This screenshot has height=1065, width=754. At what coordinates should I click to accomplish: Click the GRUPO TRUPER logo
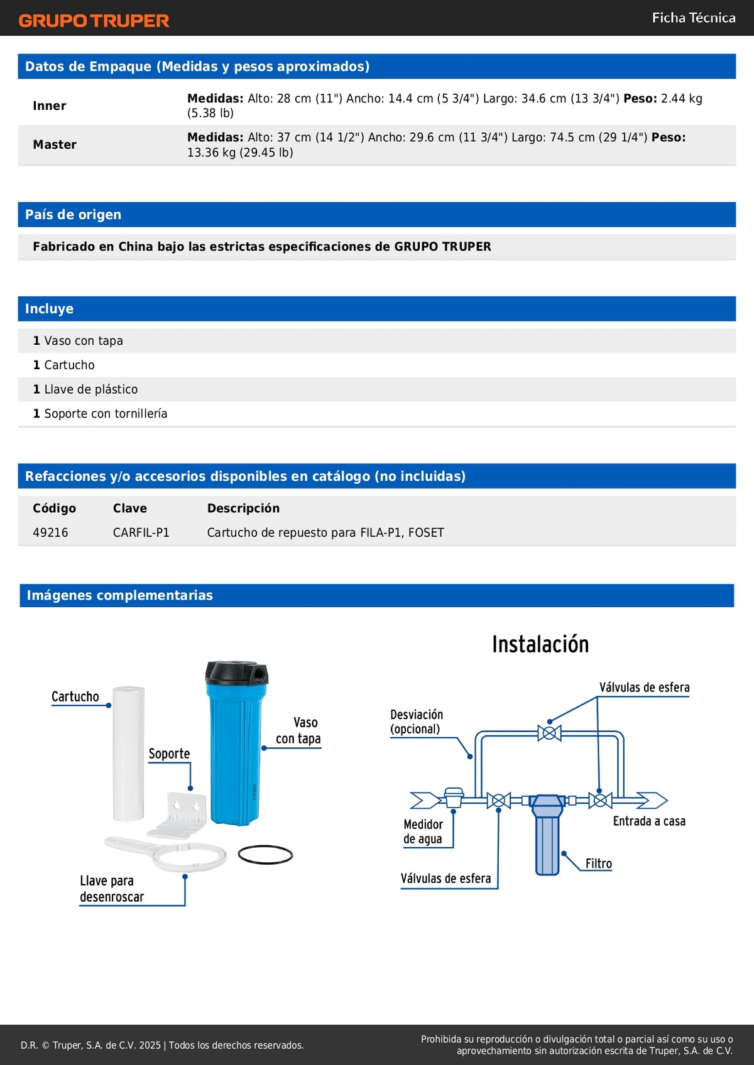pyautogui.click(x=94, y=21)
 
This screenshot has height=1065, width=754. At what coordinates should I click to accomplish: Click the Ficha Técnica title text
pyautogui.click(x=693, y=18)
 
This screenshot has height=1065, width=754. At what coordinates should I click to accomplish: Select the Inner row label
pyautogui.click(x=50, y=105)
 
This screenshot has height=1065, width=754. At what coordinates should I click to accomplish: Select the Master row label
pyautogui.click(x=55, y=144)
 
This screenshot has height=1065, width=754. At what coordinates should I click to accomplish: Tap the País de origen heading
pyautogui.click(x=73, y=215)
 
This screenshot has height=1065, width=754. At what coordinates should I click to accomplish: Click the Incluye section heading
pyautogui.click(x=49, y=309)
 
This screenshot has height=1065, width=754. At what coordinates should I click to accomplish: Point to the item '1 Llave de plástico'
pyautogui.click(x=85, y=389)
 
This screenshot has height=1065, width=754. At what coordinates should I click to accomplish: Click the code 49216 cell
pyautogui.click(x=50, y=532)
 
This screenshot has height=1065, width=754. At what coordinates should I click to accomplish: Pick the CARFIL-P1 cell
pyautogui.click(x=141, y=532)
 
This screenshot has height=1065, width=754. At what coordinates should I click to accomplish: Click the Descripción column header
pyautogui.click(x=243, y=508)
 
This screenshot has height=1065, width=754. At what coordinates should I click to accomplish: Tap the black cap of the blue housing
pyautogui.click(x=236, y=673)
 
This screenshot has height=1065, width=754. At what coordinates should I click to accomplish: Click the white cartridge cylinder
pyautogui.click(x=128, y=754)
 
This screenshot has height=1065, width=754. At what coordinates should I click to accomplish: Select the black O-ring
pyautogui.click(x=265, y=855)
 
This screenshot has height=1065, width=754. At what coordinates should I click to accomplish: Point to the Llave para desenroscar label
pyautogui.click(x=111, y=889)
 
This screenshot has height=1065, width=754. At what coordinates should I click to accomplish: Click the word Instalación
pyautogui.click(x=540, y=644)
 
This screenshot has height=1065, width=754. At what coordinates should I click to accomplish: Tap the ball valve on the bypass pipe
pyautogui.click(x=549, y=733)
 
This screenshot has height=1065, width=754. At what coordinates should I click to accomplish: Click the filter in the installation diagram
pyautogui.click(x=547, y=835)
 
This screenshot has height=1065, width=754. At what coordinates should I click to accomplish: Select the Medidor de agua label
pyautogui.click(x=423, y=831)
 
